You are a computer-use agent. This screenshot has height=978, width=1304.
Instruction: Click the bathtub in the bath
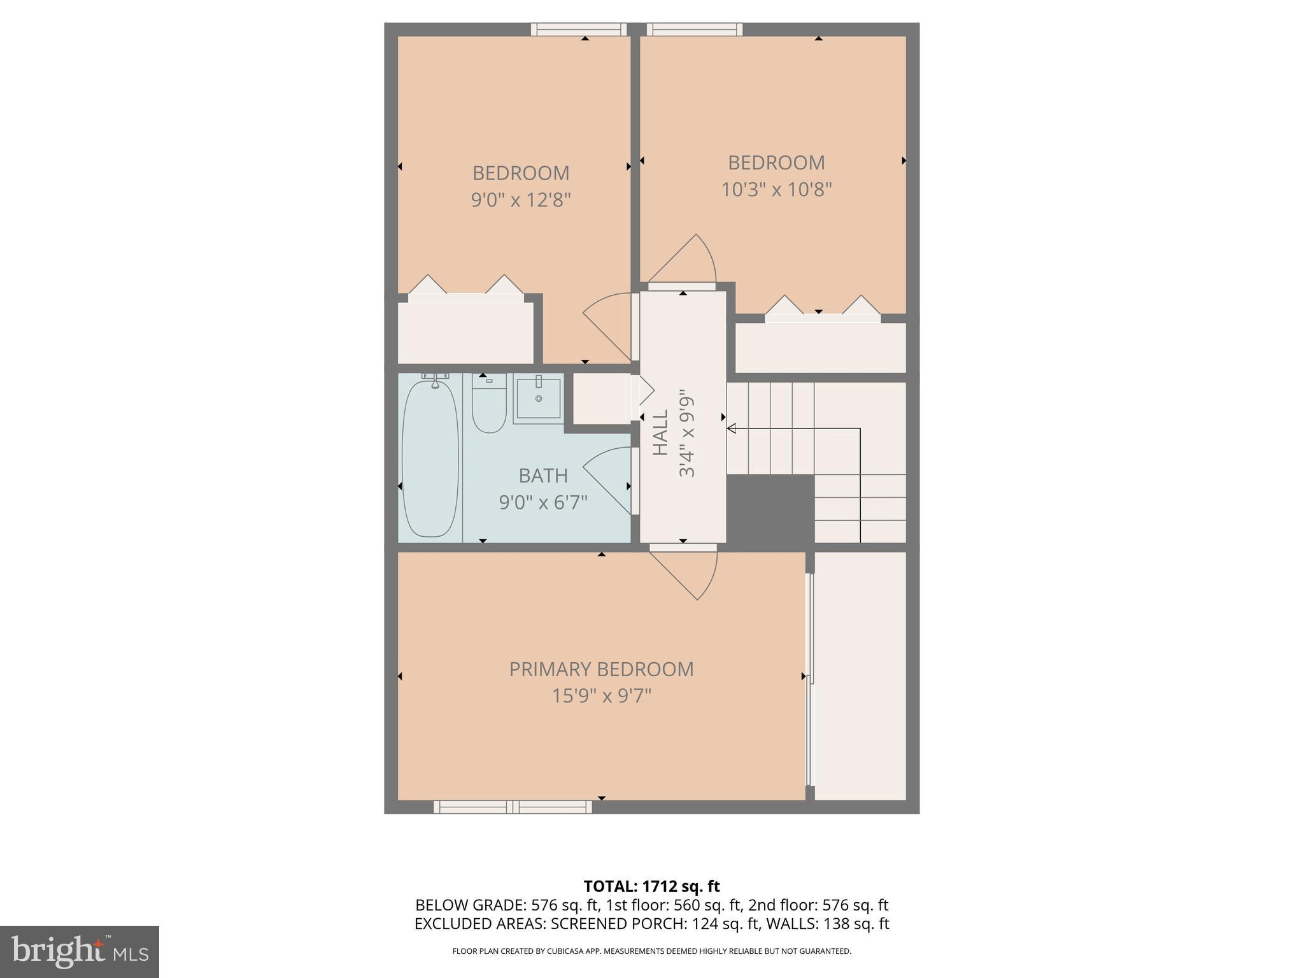[430, 457]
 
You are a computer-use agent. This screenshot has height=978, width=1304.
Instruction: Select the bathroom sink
[539, 399]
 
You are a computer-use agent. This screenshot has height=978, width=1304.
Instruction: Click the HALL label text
[661, 433]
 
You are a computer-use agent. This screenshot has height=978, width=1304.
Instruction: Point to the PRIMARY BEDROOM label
[601, 669]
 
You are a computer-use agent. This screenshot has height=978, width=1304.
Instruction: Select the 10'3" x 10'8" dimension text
[776, 190]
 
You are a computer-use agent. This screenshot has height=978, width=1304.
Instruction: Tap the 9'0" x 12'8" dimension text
[521, 201]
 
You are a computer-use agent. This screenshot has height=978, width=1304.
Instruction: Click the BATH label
[543, 476]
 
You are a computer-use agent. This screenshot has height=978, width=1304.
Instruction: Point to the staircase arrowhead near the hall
[732, 429]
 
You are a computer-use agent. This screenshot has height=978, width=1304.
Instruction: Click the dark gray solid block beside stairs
[770, 509]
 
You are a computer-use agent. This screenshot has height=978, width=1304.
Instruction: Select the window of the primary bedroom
[513, 807]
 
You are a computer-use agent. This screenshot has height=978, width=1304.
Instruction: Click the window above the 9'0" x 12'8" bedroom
[579, 29]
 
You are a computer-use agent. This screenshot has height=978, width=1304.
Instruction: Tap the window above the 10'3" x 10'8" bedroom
[695, 29]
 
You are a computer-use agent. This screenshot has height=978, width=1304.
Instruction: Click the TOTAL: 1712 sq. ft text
[651, 886]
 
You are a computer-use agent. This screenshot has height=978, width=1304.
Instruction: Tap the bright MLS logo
[79, 951]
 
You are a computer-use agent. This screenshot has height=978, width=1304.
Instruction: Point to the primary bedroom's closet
[860, 675]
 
